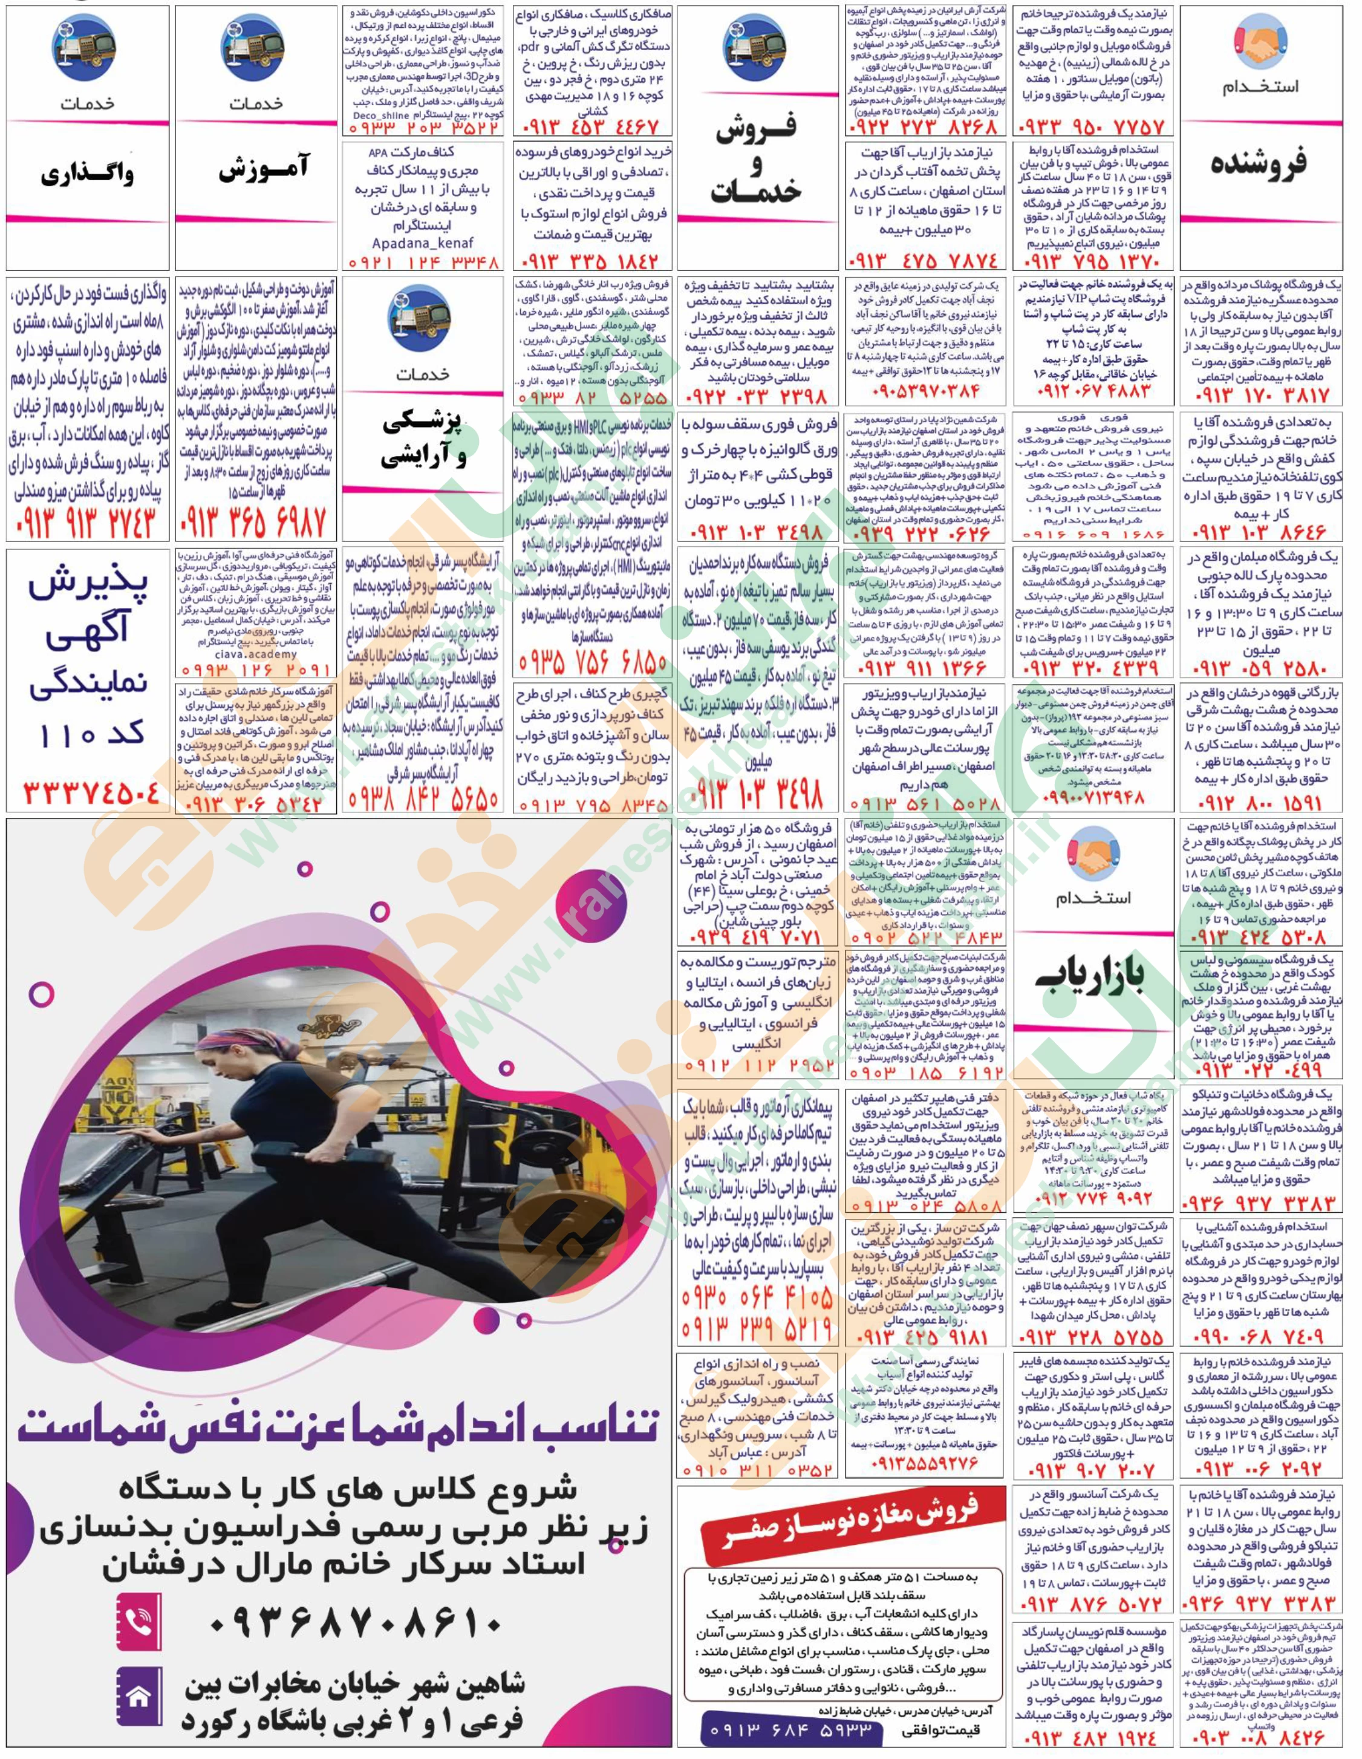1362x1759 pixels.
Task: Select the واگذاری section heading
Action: [87, 172]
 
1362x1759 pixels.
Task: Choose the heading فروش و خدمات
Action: [758, 165]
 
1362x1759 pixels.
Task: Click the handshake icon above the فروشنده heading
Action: [1262, 44]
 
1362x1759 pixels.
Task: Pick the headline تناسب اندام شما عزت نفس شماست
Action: [338, 1426]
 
